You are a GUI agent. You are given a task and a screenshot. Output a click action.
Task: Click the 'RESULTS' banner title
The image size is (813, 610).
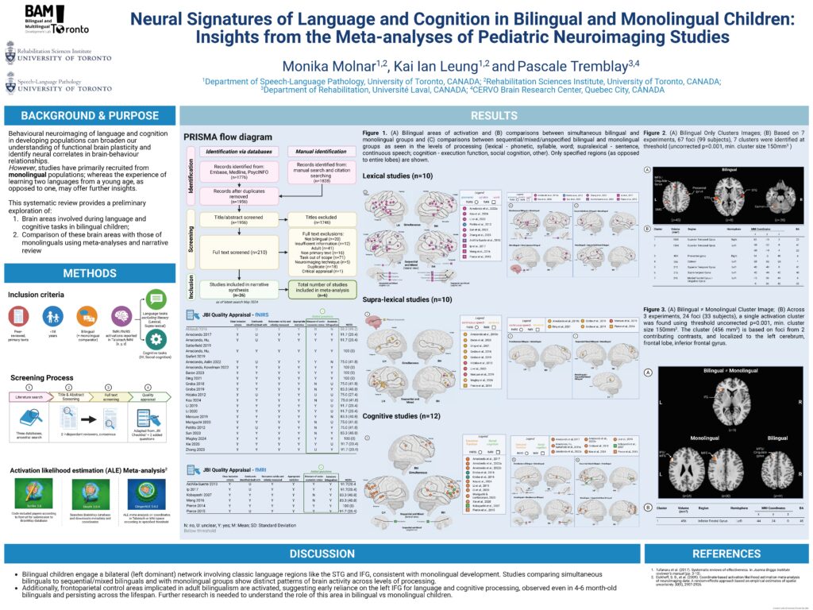pos(494,114)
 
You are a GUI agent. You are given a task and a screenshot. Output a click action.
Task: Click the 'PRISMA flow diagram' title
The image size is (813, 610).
pos(227,137)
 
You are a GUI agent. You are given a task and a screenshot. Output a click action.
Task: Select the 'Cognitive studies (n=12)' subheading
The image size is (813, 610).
pos(400,416)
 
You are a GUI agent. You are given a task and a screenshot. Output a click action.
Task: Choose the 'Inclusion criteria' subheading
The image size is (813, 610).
pos(37,295)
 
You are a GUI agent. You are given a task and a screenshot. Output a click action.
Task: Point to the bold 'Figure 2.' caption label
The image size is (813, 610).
pos(657,130)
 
